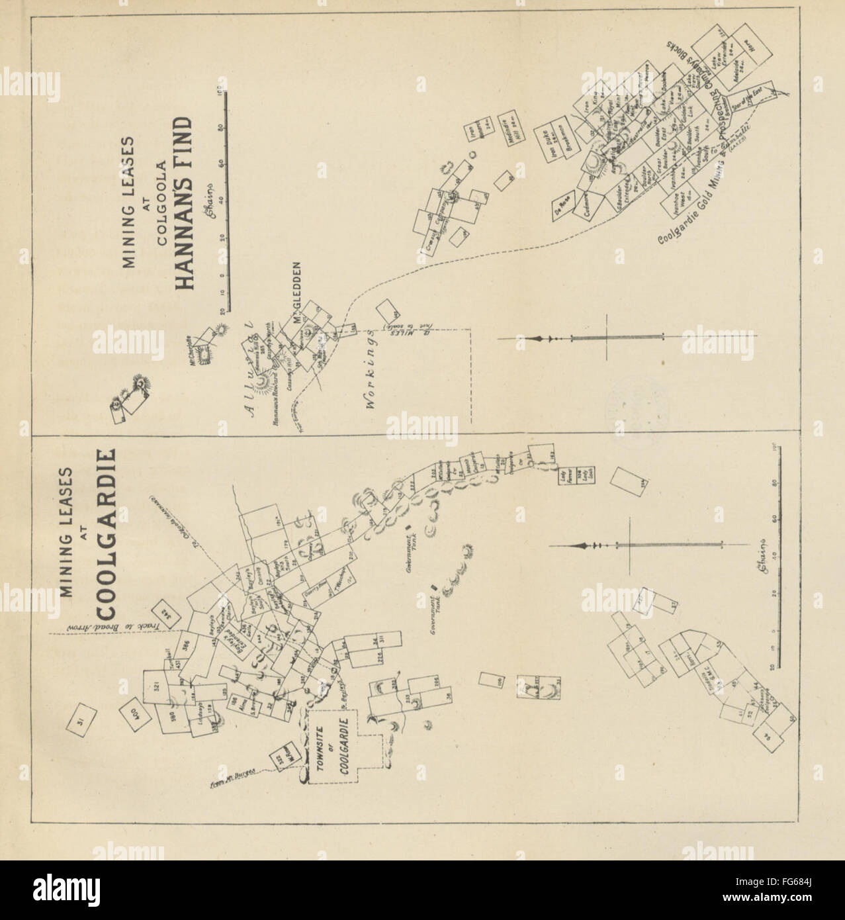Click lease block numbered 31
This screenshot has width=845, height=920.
point(82,717)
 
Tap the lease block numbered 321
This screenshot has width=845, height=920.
point(159,686)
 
